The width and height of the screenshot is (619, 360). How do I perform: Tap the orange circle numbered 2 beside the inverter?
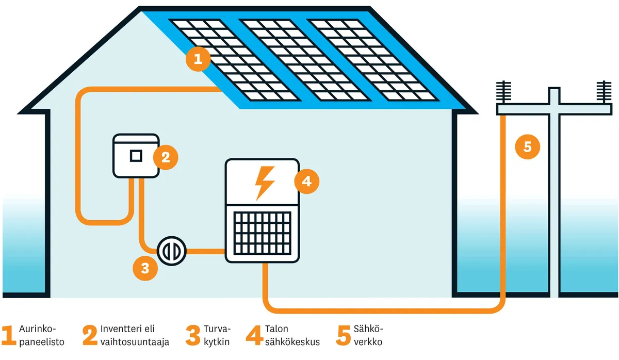click(x=165, y=157)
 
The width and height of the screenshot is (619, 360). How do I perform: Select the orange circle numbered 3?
click(x=145, y=268)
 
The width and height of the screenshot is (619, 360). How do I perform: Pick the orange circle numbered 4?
click(x=306, y=181)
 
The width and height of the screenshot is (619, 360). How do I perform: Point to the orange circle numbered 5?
click(x=527, y=147)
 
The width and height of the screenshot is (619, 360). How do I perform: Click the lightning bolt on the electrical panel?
click(x=263, y=182)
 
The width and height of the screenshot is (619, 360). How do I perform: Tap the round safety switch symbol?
click(x=170, y=251)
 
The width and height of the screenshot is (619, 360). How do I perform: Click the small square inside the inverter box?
click(x=136, y=156)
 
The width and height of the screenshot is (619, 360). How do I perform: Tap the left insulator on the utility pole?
click(x=503, y=93)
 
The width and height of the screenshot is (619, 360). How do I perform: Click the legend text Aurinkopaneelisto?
click(x=41, y=335)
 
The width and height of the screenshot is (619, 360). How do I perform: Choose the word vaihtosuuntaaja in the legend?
click(x=135, y=341)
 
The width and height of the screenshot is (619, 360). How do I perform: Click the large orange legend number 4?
click(x=254, y=335)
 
